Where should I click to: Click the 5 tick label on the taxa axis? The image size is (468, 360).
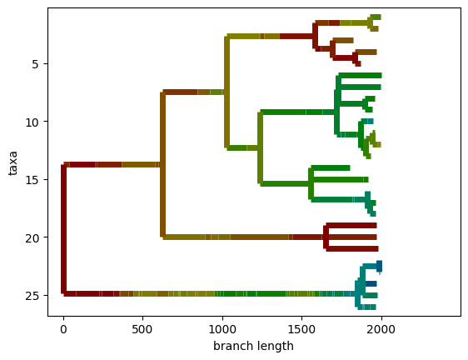(35, 64)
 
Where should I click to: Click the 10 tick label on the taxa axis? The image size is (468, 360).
(32, 122)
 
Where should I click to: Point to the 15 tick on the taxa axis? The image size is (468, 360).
(46, 179)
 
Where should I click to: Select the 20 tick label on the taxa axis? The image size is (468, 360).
(32, 237)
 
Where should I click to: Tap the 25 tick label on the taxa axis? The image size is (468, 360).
(32, 296)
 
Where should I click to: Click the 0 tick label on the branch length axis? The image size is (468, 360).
(63, 329)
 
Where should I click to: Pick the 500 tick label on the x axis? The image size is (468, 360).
(142, 329)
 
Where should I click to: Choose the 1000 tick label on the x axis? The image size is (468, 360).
(222, 329)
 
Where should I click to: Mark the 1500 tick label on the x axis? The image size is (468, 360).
(301, 329)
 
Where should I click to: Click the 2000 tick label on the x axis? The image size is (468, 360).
(381, 329)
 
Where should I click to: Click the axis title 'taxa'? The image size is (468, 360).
(12, 163)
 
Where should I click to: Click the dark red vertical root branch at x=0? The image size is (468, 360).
(63, 229)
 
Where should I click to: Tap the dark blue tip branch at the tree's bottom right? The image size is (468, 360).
(380, 266)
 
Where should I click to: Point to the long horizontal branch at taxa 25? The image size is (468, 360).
(209, 293)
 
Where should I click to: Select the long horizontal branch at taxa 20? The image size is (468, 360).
(244, 237)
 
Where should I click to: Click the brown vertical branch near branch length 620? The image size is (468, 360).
(162, 164)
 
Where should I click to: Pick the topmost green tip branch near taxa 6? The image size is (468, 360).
(360, 75)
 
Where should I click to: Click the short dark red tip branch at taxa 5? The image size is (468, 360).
(357, 63)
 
